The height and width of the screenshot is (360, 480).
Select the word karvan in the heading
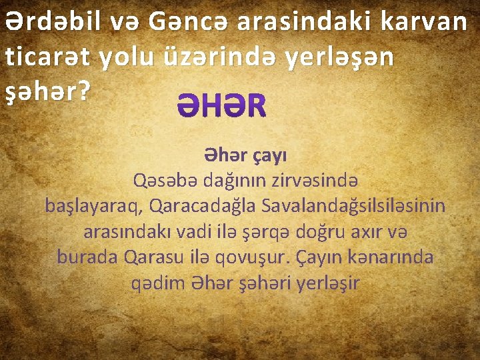click(x=427, y=22)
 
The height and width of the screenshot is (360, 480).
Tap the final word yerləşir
click(x=327, y=283)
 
